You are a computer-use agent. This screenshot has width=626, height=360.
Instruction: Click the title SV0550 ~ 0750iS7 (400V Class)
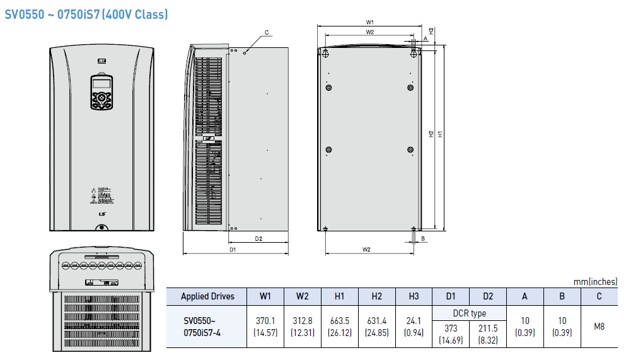point(86,15)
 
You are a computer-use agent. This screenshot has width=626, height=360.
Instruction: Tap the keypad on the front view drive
point(101,91)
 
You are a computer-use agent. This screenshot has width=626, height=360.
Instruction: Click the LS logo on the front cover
point(102,214)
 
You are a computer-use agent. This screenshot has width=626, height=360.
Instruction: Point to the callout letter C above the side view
point(267,33)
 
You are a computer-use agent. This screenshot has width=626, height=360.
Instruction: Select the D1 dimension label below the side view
point(233,250)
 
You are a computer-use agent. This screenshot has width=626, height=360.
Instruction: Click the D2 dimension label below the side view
point(258,239)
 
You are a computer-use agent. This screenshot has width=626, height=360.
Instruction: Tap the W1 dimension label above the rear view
point(369,22)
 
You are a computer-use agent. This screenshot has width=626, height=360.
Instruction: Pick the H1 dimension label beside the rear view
point(440,134)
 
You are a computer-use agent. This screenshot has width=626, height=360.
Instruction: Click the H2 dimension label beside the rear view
point(431,134)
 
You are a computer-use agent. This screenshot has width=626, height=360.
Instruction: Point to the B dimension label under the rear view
point(423,239)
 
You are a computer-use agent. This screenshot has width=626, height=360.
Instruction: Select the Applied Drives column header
point(207,296)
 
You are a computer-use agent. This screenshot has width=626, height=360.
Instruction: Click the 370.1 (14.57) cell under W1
point(265,327)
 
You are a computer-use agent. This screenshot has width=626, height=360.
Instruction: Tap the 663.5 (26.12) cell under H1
point(340,327)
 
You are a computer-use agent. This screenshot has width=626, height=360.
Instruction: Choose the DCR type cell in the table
point(470,313)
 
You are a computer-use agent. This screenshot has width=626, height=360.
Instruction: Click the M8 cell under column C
point(600,327)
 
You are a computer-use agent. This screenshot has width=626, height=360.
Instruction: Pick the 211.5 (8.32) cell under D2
point(488,334)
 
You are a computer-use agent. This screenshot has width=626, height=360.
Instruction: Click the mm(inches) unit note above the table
point(595,282)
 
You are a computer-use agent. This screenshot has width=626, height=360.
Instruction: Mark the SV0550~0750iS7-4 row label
point(202,327)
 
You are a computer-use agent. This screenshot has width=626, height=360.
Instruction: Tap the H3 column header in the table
point(414,296)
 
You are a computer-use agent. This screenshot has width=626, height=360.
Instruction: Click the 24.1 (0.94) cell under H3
point(414,327)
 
